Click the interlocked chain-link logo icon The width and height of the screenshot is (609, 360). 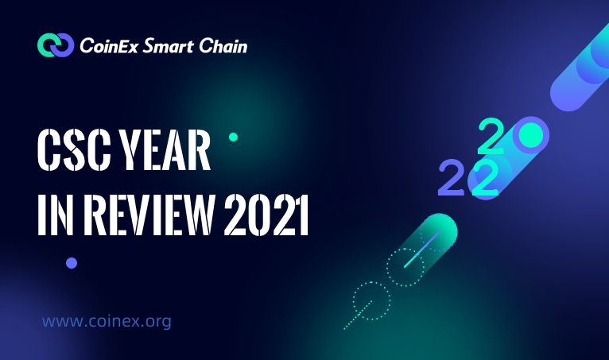[x=56, y=45]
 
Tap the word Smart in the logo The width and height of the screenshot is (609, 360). [x=169, y=46]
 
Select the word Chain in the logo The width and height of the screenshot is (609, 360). [x=223, y=45]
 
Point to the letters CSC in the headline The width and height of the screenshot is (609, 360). [x=75, y=150]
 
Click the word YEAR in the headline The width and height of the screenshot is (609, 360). [x=165, y=150]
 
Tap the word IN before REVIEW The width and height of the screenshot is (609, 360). [x=56, y=215]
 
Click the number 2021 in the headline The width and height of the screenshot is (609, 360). [x=266, y=215]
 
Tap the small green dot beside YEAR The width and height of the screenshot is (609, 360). [x=233, y=137]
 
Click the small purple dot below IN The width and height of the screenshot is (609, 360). [x=72, y=263]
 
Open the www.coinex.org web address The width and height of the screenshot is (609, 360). [x=107, y=322]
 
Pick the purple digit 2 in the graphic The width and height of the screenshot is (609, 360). [x=452, y=177]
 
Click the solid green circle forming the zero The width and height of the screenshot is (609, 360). [x=530, y=134]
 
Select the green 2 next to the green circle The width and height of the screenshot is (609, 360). [x=491, y=135]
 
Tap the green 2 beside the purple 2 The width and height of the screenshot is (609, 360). [x=485, y=179]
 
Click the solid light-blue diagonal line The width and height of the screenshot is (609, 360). [x=421, y=250]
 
